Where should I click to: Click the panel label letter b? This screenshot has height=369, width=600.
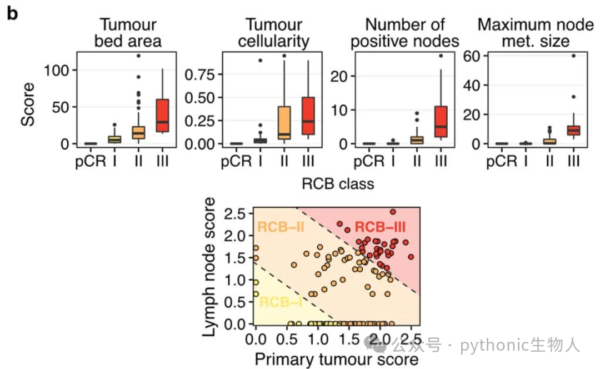(x=12, y=13)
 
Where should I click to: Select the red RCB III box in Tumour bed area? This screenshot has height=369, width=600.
(x=163, y=115)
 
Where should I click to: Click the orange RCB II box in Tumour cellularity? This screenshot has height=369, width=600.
(x=284, y=122)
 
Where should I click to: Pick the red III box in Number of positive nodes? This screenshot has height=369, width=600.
(x=441, y=121)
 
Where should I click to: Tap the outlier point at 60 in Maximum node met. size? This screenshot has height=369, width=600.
(x=573, y=56)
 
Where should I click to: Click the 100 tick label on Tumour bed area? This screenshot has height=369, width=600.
(x=56, y=71)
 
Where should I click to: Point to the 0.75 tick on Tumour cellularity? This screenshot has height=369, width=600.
(x=200, y=74)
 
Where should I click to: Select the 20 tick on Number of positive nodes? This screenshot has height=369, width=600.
(x=339, y=77)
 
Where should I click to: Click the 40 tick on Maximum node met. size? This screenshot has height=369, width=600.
(x=472, y=86)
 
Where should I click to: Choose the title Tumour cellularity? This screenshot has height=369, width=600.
(x=273, y=33)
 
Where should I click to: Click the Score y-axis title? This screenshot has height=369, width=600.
(x=28, y=104)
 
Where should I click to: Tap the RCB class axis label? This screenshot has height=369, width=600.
(x=338, y=184)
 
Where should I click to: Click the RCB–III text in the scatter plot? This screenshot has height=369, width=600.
(x=380, y=227)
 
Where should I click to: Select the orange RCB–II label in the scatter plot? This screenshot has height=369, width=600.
(x=281, y=227)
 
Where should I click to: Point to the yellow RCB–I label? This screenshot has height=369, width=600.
(x=281, y=302)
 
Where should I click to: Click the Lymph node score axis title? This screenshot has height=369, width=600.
(x=209, y=267)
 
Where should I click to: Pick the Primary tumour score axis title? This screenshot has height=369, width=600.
(x=336, y=360)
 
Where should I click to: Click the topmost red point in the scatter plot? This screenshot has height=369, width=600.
(x=393, y=212)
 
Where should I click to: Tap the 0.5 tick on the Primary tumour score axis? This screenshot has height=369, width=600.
(x=287, y=339)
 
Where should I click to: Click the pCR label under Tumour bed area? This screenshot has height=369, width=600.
(x=91, y=161)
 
